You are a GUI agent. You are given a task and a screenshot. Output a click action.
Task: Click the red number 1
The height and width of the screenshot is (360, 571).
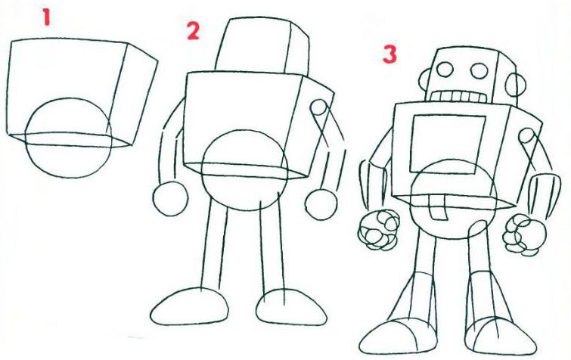tap(46, 17)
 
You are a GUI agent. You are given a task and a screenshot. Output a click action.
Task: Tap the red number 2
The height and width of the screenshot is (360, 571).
tap(193, 30)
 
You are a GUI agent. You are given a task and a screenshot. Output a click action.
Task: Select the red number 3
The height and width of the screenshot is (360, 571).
tap(389, 54)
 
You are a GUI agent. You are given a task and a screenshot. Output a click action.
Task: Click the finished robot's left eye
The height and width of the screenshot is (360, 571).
tap(445, 69)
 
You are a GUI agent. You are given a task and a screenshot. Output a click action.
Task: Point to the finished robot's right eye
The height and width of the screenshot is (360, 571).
tap(479, 70)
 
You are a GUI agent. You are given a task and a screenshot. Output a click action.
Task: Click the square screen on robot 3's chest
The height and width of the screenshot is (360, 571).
tap(447, 144)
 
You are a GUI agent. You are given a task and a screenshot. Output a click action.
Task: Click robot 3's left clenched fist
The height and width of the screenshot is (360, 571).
tap(379, 230)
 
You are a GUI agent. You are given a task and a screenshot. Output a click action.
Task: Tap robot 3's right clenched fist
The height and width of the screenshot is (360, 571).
tap(524, 234)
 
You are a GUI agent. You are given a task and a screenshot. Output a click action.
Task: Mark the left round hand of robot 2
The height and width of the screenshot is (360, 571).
tap(170, 199)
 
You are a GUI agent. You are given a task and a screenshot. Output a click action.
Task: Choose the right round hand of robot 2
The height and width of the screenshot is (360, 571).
tap(321, 204)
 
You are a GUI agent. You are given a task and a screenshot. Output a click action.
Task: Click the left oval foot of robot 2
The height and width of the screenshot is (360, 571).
tap(189, 306)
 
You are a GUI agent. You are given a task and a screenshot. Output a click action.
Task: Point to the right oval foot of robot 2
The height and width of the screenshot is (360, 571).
tap(290, 307)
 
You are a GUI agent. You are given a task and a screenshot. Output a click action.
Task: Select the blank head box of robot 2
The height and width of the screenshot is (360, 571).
tap(262, 45)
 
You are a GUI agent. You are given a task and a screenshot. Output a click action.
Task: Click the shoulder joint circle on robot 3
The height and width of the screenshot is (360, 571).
tap(526, 136)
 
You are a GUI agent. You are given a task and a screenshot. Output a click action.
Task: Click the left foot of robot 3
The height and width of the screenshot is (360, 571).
tap(398, 336)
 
